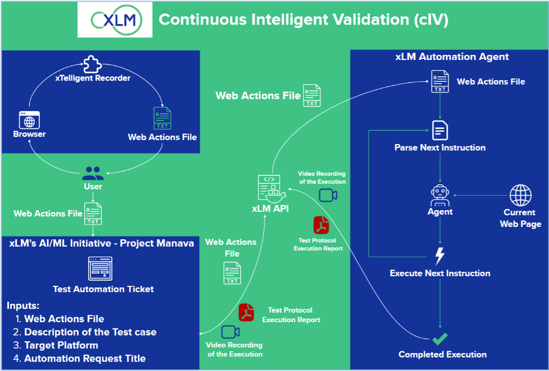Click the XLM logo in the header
(115, 20)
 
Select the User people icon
(93, 173)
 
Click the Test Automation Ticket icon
(100, 268)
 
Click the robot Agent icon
(440, 195)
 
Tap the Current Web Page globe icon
(520, 196)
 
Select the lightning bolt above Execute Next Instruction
(440, 256)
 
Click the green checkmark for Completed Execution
(440, 338)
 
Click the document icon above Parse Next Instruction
(440, 131)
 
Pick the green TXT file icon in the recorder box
(162, 119)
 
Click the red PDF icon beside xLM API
(321, 225)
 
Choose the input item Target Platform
(61, 345)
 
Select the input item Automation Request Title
(85, 359)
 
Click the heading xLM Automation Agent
(452, 57)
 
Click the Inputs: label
(23, 306)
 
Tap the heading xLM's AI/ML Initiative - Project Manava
(102, 243)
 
